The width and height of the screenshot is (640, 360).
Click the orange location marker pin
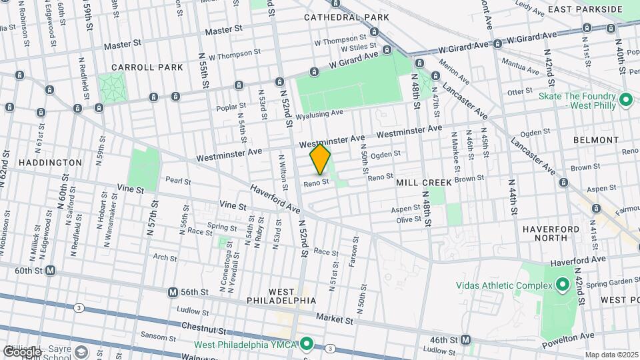pos(320,159)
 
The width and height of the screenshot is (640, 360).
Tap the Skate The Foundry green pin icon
pos(625,100)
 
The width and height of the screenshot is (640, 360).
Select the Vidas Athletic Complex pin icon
pos(561,285)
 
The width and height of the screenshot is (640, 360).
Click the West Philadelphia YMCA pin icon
pos(307,344)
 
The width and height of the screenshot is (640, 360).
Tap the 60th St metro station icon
pos(51,271)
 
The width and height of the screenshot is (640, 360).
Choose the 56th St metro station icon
pos(173,292)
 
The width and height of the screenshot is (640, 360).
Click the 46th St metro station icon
pos(466,339)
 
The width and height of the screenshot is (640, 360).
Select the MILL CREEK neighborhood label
pos(423,182)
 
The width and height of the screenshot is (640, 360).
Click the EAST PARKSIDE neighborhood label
pos(594,9)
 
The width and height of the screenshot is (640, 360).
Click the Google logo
pos(22,351)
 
